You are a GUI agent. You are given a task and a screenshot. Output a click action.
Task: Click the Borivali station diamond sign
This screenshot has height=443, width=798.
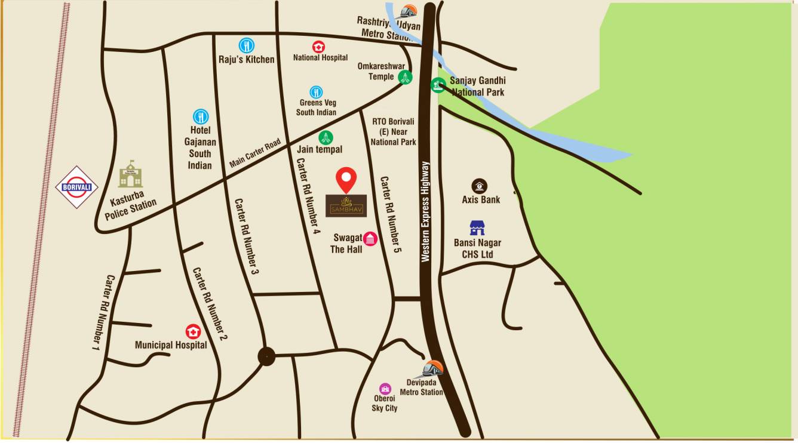point(76,187)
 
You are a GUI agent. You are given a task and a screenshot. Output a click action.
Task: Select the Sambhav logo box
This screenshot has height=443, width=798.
point(346,205)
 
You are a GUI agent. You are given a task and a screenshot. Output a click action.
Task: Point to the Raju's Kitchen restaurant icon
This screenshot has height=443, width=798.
point(247,45)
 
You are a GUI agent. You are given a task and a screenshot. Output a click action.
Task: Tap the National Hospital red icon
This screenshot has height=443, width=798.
point(319,47)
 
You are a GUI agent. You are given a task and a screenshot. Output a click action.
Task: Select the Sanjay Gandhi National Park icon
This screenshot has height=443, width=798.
point(438,85)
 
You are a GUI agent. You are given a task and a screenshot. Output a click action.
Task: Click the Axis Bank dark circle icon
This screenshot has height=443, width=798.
point(479,186)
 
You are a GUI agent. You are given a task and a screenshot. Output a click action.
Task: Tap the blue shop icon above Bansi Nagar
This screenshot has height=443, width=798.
point(477,227)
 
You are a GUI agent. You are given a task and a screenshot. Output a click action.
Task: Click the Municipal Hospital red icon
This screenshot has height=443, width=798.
point(193,331)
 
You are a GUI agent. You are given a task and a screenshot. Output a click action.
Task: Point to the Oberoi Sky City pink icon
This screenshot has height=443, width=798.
point(385,389)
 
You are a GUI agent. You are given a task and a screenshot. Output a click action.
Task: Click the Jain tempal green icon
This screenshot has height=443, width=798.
point(326,137)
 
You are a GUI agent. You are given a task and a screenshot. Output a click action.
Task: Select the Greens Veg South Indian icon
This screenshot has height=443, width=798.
point(316,92)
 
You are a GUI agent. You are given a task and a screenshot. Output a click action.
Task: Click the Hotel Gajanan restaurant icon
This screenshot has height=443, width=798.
point(200,116)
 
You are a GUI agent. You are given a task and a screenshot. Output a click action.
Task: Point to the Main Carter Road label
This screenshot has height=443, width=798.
point(255,153)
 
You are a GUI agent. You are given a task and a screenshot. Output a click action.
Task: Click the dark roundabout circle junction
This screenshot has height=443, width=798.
point(266,356)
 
